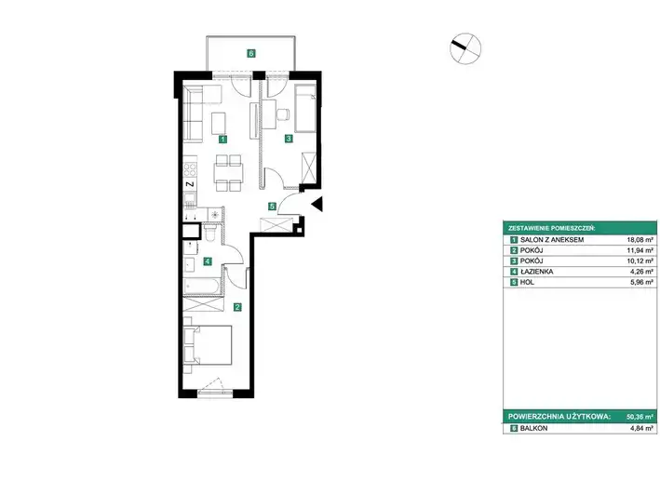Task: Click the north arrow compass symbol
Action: pyautogui.click(x=465, y=48)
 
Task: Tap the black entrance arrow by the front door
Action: pyautogui.click(x=317, y=204)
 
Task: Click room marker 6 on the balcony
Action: pyautogui.click(x=250, y=53)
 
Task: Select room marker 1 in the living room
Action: pyautogui.click(x=223, y=139)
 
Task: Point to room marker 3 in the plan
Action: pyautogui.click(x=289, y=138)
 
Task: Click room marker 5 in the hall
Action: pyautogui.click(x=273, y=207)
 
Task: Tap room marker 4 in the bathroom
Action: pyautogui.click(x=207, y=261)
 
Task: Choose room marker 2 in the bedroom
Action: pyautogui.click(x=237, y=307)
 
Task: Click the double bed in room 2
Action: pyautogui.click(x=208, y=345)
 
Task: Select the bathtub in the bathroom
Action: pyautogui.click(x=202, y=287)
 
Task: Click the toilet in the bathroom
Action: pyautogui.click(x=209, y=232)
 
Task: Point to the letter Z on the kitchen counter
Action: pyautogui.click(x=190, y=184)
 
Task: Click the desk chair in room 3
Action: pyautogui.click(x=283, y=114)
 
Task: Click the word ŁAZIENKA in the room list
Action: pyautogui.click(x=537, y=272)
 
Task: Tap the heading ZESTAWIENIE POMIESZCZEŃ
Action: pyautogui.click(x=551, y=229)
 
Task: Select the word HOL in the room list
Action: pyautogui.click(x=527, y=283)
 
